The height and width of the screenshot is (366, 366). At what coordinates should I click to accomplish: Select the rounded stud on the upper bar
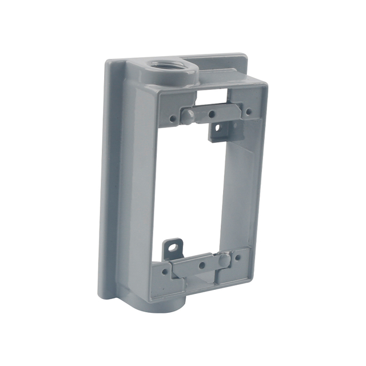[188, 116]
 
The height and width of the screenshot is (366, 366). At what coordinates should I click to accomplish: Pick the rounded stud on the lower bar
[224, 260]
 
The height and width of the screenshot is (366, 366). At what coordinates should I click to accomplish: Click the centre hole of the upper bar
[212, 114]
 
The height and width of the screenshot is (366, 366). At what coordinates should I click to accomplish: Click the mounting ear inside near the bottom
[172, 249]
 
